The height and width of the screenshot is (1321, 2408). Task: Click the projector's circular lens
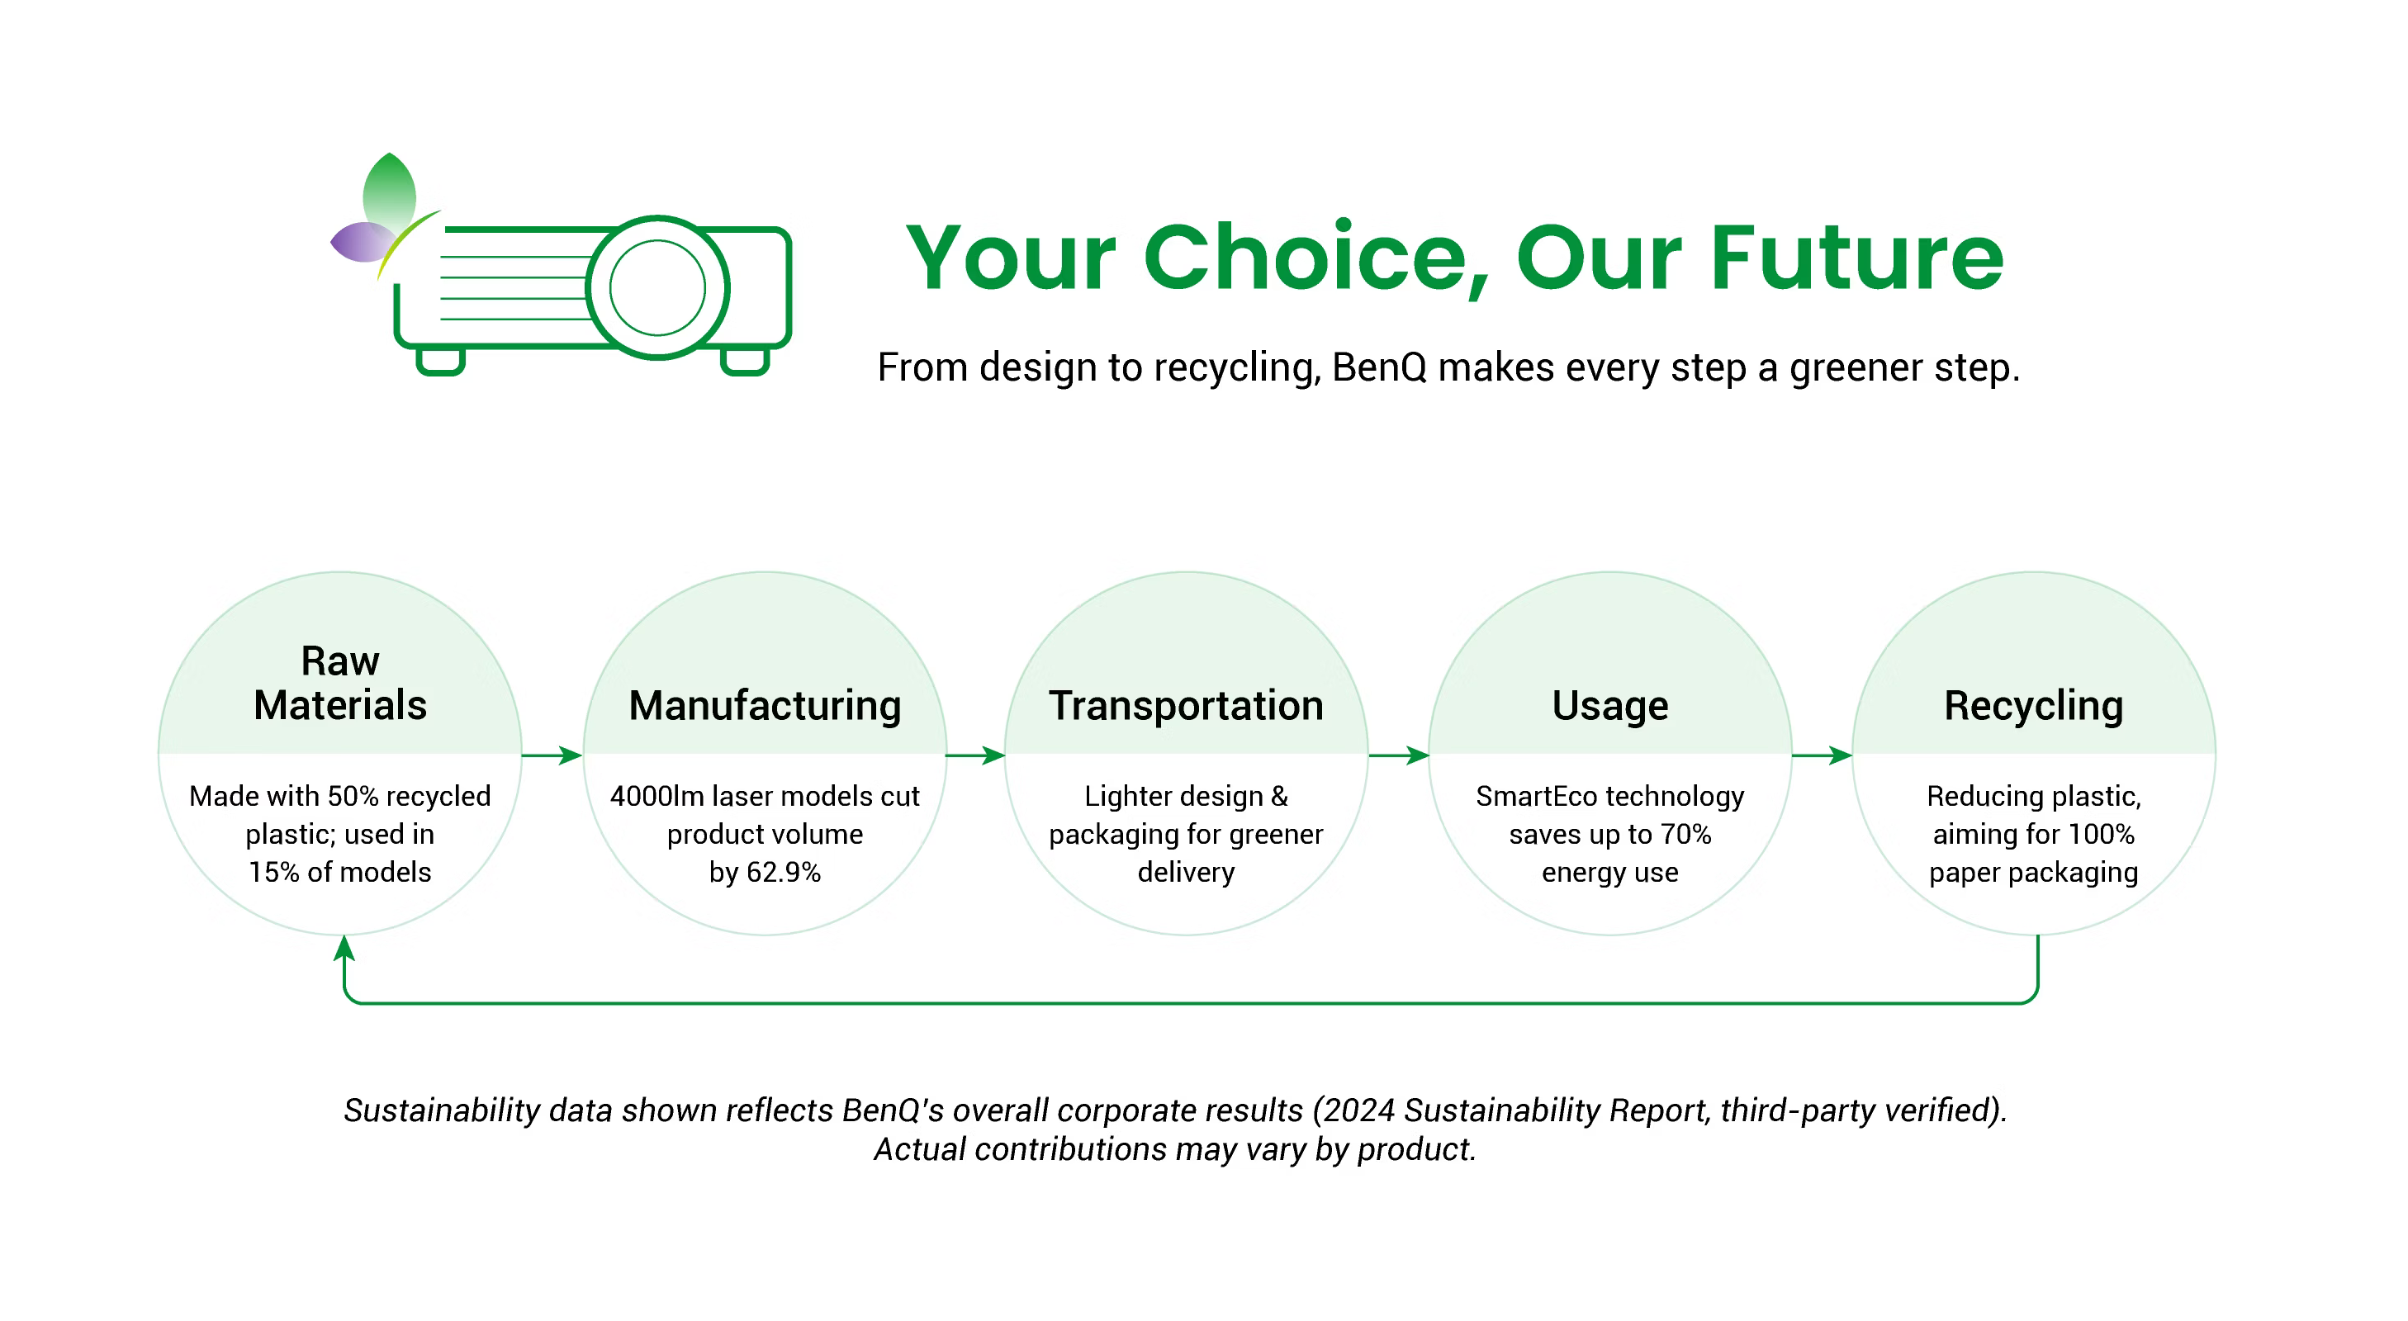click(657, 287)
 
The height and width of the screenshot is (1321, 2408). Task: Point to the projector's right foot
click(745, 361)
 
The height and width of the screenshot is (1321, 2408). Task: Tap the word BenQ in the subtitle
click(1379, 367)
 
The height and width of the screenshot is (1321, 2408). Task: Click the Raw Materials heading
click(339, 683)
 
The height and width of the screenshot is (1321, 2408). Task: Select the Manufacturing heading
click(765, 706)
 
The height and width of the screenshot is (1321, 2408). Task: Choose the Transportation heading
click(1185, 706)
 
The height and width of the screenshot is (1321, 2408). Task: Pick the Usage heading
click(1609, 706)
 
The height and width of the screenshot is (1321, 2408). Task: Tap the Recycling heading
click(2033, 706)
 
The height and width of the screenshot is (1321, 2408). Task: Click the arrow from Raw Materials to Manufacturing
click(552, 755)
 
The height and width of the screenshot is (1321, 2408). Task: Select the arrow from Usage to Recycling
click(1822, 755)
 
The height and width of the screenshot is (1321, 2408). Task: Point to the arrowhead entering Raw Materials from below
click(344, 947)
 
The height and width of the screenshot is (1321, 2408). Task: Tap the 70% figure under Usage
click(1685, 834)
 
